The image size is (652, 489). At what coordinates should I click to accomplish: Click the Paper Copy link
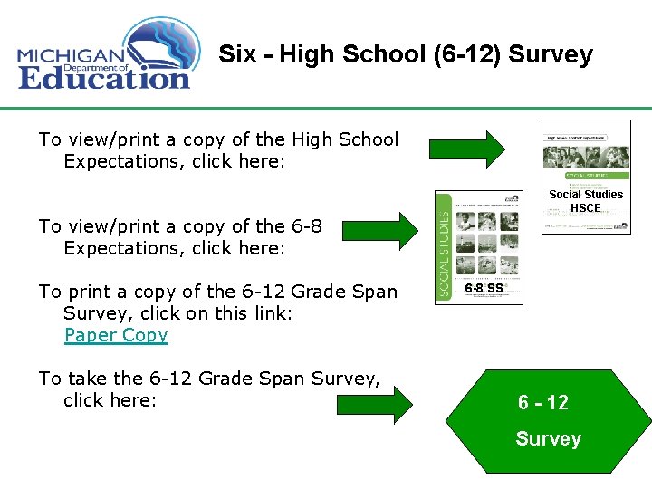point(116,335)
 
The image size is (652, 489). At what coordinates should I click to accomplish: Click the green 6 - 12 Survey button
point(547,420)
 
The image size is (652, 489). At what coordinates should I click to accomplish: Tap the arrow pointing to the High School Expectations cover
point(467,149)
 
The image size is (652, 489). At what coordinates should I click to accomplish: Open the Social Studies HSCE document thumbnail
point(586,177)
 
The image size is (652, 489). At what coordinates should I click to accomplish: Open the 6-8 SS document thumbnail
point(479,247)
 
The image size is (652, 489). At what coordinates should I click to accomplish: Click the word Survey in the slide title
point(551,54)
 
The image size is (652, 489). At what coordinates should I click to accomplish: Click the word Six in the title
point(237,54)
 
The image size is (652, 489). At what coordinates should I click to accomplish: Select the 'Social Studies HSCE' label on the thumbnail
point(586,201)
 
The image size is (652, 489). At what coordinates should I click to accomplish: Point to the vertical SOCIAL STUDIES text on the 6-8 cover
point(444,247)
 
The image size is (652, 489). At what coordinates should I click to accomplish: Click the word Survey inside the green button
point(548,439)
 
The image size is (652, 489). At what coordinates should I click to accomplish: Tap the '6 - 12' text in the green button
point(543,403)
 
